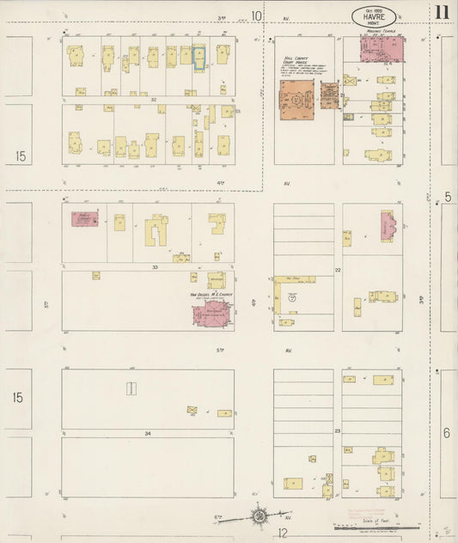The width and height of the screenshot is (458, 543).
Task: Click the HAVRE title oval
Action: (373, 15)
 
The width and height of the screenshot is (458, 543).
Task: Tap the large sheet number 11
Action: (442, 12)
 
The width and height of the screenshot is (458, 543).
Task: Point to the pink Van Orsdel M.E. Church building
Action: (211, 313)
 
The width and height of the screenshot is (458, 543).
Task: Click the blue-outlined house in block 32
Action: (199, 58)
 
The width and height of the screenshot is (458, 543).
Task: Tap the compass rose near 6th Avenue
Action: (259, 516)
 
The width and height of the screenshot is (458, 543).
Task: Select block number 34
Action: (147, 433)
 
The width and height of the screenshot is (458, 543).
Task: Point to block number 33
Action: (155, 267)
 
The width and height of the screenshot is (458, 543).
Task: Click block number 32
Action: (153, 100)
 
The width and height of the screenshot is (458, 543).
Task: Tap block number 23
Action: (338, 430)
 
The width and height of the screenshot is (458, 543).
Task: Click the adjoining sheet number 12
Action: (282, 534)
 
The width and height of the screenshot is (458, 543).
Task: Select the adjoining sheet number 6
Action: (446, 432)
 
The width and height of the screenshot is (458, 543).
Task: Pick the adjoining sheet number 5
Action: (448, 198)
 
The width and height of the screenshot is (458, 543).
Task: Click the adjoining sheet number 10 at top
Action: (256, 15)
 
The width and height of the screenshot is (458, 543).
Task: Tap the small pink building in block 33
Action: (84, 218)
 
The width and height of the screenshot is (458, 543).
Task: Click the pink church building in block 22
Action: (387, 226)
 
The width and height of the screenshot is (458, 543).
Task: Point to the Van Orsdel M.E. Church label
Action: (211, 294)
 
